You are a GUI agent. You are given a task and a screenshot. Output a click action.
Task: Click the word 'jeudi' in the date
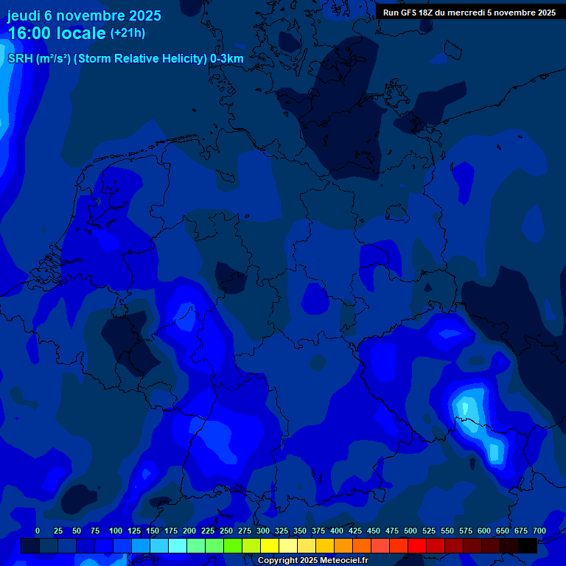24,15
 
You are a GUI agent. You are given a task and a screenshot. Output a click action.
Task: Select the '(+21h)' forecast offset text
127,33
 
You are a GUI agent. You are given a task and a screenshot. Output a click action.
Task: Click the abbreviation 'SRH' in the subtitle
20,59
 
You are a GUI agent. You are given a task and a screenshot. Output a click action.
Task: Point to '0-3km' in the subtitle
227,59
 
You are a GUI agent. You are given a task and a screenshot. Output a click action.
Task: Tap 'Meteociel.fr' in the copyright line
341,561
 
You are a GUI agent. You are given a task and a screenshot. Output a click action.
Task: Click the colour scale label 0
38,531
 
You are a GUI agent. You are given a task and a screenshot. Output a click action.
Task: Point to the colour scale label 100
116,531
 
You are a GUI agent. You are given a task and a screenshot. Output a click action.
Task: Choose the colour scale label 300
263,531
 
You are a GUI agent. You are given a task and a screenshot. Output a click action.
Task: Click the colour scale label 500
410,531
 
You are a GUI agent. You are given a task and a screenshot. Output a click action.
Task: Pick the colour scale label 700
539,531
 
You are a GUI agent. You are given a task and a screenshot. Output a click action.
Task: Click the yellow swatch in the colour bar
270,545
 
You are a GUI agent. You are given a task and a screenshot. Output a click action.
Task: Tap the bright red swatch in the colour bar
417,545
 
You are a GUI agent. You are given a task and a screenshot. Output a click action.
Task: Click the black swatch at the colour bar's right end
528,545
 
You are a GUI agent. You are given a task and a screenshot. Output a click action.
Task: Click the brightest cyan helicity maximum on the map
466,407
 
